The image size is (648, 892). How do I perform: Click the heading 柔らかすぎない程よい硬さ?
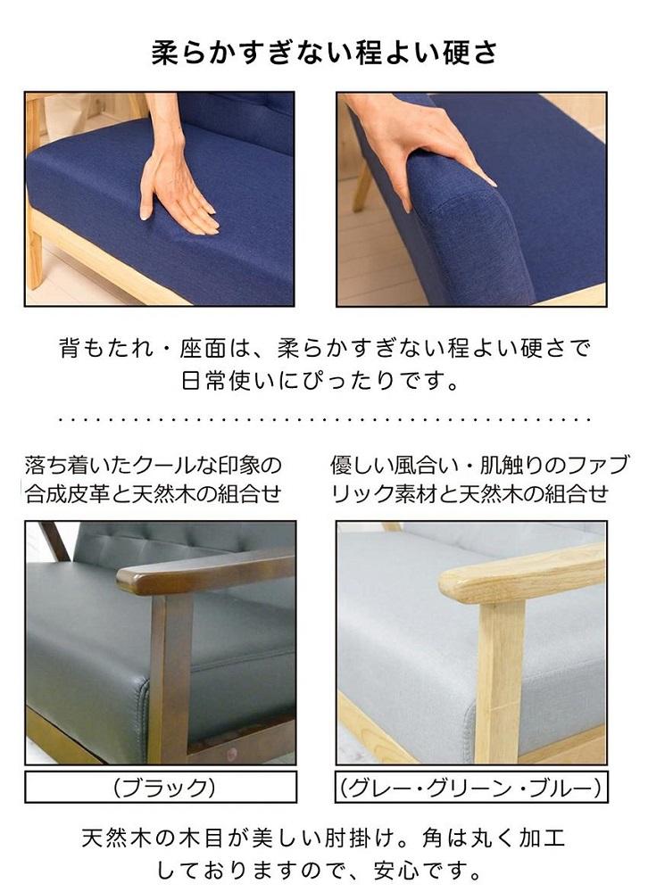point(324,53)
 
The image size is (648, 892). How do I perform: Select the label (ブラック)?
point(161,788)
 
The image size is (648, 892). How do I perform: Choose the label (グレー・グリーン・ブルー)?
point(470,788)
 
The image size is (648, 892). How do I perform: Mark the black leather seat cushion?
point(80,642)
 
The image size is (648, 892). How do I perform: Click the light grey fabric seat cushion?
point(402,642)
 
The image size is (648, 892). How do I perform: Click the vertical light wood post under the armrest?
point(501,678)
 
